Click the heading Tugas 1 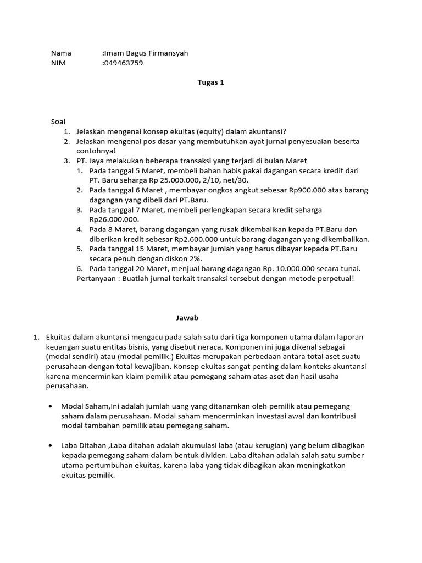(210, 82)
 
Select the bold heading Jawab (186, 318)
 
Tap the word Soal (58, 122)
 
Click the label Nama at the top (61, 53)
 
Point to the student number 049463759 (124, 63)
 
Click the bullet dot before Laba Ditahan (51, 445)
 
